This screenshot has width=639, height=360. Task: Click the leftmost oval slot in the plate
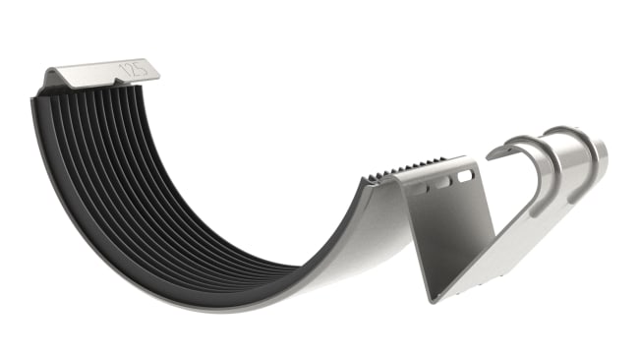pyautogui.click(x=421, y=188)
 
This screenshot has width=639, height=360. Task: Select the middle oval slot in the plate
pyautogui.click(x=443, y=181)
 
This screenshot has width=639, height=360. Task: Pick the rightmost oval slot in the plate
pyautogui.click(x=465, y=174)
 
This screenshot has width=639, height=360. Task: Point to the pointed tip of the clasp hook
pyautogui.click(x=492, y=153)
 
